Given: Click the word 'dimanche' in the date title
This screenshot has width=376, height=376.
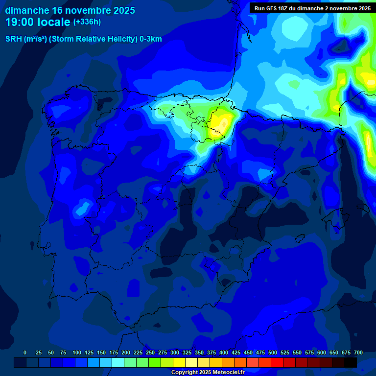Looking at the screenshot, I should (x=27, y=10).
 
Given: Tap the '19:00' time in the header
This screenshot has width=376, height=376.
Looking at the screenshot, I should (x=20, y=22).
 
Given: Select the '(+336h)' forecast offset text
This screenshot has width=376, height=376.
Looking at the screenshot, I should (x=87, y=22).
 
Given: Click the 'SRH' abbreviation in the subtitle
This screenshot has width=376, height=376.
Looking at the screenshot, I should (x=14, y=39).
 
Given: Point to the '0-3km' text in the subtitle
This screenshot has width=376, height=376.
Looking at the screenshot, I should (x=151, y=39).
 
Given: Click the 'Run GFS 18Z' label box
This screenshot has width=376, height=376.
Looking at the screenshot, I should (x=312, y=8).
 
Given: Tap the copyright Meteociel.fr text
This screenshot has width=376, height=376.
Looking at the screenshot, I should (x=207, y=372).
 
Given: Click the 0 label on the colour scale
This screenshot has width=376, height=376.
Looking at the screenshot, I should (x=25, y=352).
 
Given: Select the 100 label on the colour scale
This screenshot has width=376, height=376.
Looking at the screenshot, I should (x=76, y=352).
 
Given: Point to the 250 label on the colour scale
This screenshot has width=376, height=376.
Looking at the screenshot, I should (x=150, y=352).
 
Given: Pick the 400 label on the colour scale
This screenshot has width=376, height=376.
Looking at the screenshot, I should (x=223, y=352).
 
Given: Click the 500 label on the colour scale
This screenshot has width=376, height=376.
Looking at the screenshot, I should (x=272, y=352).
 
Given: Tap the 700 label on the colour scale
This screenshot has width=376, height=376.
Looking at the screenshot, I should (x=358, y=352).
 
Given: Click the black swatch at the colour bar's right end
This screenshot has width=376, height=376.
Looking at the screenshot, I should (x=351, y=362).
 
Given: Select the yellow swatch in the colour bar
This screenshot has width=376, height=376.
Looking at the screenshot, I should (x=179, y=362).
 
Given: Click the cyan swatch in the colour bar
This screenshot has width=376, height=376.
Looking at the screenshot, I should (x=118, y=362).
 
